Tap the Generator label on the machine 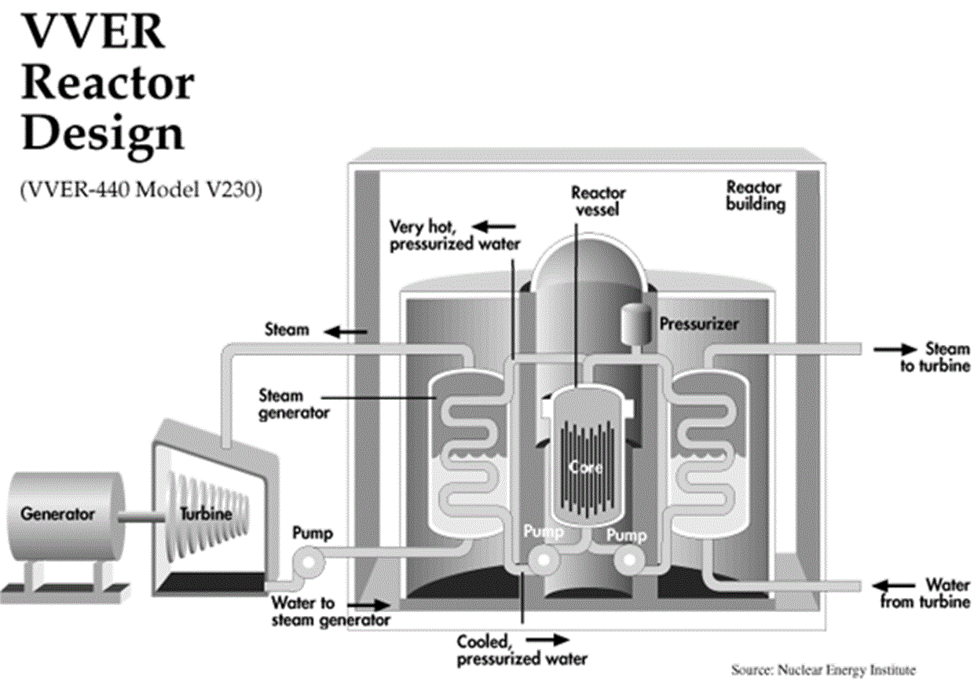click(58, 515)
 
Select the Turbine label click(206, 515)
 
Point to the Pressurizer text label click(699, 324)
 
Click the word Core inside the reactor click(588, 468)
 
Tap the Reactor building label click(755, 196)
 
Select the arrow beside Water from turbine click(895, 585)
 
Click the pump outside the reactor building click(303, 560)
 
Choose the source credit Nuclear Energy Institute click(823, 670)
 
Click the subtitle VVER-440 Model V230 click(141, 191)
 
